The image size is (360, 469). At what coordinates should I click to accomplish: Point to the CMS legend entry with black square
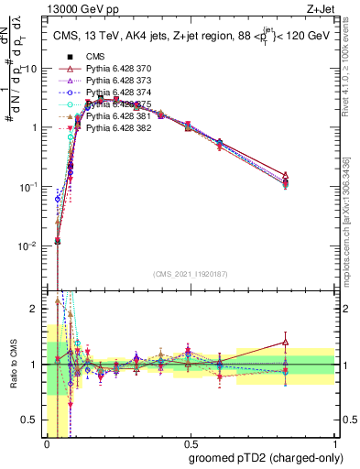96,57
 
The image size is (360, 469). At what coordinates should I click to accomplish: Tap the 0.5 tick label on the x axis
190,443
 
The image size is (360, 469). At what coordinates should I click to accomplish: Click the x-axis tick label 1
336,443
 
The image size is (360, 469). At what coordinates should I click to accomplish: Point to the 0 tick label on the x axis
47,443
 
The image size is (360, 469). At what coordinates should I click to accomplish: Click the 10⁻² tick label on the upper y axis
27,245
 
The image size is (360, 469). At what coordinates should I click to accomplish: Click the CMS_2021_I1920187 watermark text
190,274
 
